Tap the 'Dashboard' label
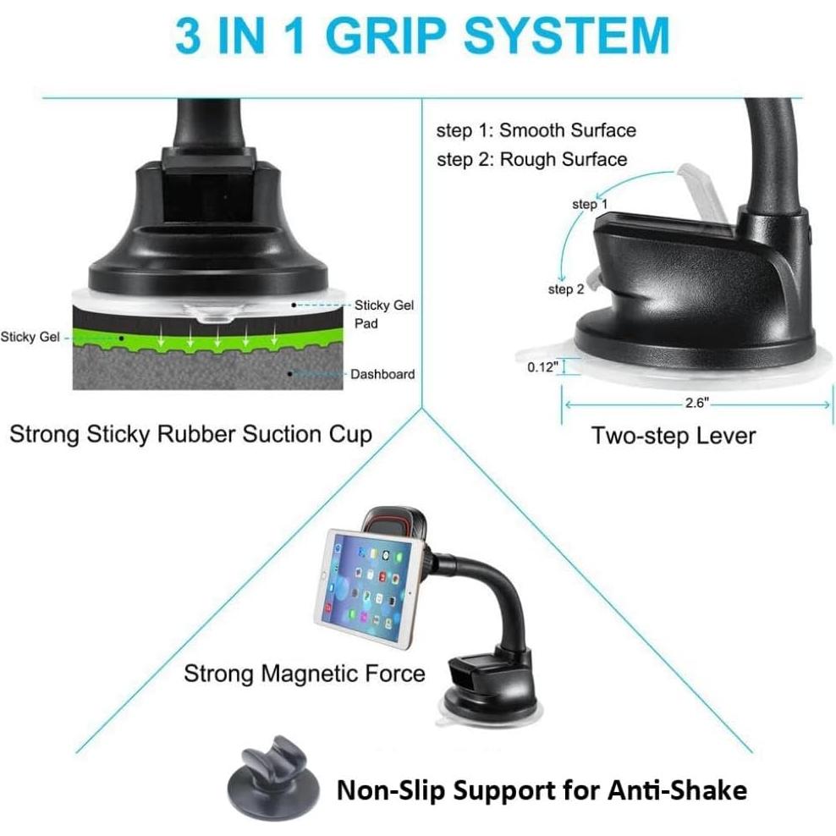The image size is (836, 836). (x=382, y=373)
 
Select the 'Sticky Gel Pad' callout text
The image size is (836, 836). (x=383, y=314)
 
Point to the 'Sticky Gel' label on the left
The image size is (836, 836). (x=30, y=337)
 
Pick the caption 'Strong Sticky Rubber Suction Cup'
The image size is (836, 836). (x=190, y=435)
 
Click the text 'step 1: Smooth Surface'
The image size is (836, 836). (x=536, y=130)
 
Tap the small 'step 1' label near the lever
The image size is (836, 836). (x=590, y=204)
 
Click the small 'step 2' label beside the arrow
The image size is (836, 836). (x=566, y=289)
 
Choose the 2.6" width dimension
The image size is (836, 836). (x=696, y=404)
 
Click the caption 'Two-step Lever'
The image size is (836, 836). (x=673, y=436)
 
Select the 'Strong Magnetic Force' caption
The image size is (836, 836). (x=305, y=674)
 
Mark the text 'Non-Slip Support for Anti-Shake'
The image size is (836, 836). (x=542, y=790)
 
